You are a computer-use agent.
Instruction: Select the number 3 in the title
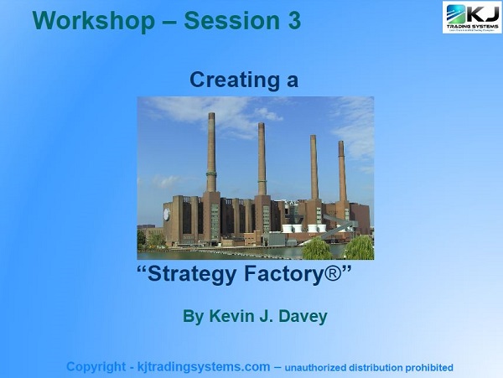pyautogui.click(x=293, y=21)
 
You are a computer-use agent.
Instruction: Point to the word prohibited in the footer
pyautogui.click(x=423, y=368)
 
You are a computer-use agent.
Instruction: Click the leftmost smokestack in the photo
pyautogui.click(x=211, y=151)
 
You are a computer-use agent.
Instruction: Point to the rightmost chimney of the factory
pyautogui.click(x=342, y=172)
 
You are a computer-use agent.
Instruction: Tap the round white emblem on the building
pyautogui.click(x=166, y=215)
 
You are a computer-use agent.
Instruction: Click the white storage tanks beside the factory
pyautogui.click(x=303, y=227)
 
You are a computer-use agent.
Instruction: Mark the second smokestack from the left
pyautogui.click(x=262, y=159)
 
